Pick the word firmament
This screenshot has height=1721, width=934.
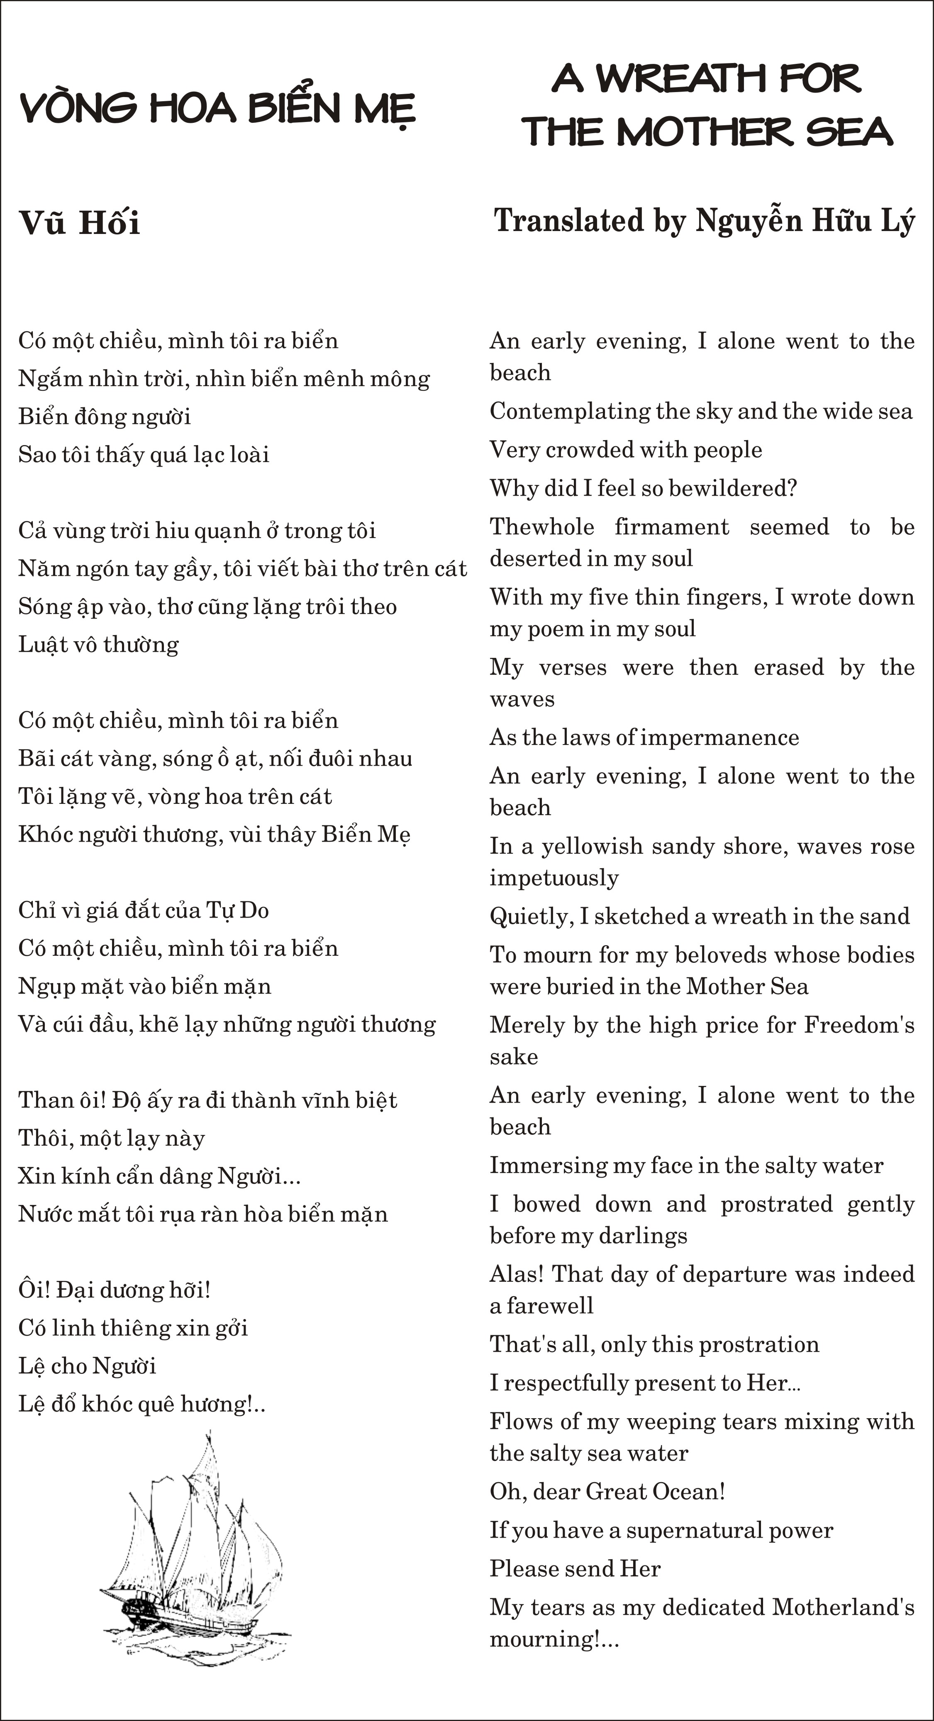(x=671, y=527)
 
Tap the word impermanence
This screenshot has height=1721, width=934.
(x=719, y=738)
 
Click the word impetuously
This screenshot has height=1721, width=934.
(x=554, y=878)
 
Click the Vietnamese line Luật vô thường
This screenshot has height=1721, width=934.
(x=98, y=645)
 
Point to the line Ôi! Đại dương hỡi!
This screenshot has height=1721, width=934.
(x=114, y=1290)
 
